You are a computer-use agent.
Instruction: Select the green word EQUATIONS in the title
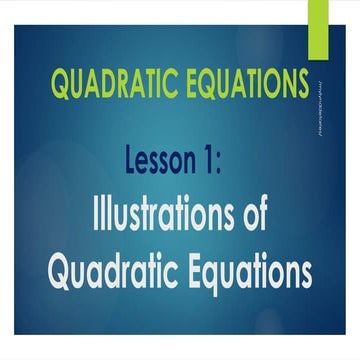238,84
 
